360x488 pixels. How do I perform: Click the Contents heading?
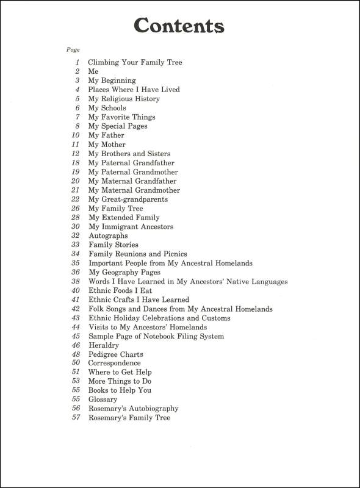pos(179,26)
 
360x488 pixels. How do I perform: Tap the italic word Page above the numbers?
pos(73,49)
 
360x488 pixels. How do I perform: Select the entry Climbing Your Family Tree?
pos(135,62)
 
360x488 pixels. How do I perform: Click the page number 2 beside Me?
pos(78,71)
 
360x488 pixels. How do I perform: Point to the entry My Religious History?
pos(124,99)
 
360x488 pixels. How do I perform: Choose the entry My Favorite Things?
pos(121,117)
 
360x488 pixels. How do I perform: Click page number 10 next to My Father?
pos(76,135)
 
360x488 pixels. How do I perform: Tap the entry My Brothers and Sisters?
pos(129,154)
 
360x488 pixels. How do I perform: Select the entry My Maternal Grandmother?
pos(134,190)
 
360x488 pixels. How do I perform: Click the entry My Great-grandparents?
pos(128,199)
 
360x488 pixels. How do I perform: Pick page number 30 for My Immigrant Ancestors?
pos(76,227)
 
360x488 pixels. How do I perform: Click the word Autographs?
pos(108,235)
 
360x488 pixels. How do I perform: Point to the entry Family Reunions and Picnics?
pos(138,254)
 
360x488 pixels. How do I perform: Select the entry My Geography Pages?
pos(124,272)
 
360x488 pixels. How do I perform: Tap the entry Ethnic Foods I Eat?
pos(120,290)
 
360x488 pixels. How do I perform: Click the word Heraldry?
pos(104,345)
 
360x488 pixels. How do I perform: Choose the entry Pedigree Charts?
pos(116,354)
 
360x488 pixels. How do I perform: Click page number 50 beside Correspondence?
pos(76,363)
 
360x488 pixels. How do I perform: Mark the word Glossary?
pos(103,400)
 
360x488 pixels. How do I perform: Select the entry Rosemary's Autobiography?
pos(134,409)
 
